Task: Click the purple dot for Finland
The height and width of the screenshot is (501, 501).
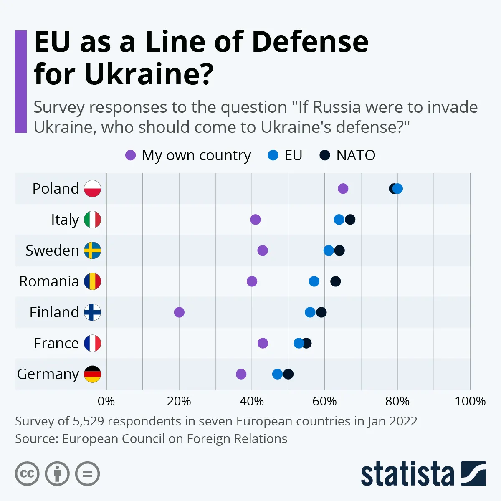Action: point(179,312)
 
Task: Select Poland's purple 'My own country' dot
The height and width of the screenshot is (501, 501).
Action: point(343,189)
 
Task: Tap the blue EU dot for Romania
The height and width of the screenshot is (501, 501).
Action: point(314,281)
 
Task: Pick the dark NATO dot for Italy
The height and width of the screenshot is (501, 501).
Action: point(350,220)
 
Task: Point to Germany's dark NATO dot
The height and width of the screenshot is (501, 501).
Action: point(288,374)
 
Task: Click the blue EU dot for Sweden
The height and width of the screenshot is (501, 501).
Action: point(329,250)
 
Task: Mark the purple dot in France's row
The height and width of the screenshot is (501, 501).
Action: point(263,343)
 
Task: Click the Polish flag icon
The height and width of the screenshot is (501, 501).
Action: point(92,189)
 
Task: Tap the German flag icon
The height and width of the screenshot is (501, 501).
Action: point(92,374)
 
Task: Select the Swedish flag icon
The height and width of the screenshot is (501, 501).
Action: point(92,250)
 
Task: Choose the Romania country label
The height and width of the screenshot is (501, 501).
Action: point(49,281)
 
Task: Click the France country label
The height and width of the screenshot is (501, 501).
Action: point(56,343)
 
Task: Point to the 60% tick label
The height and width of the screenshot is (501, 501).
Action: point(324,402)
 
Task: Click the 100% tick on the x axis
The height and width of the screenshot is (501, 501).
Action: point(470,402)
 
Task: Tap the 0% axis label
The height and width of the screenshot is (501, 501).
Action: point(106,402)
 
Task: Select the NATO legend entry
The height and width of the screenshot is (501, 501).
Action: point(347,155)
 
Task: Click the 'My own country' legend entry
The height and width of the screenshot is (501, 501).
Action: point(188,155)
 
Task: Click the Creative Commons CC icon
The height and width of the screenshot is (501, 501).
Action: point(27,474)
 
